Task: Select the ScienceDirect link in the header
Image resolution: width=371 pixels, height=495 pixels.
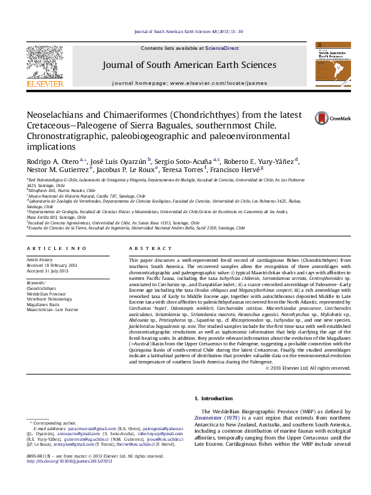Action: [222, 48]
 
